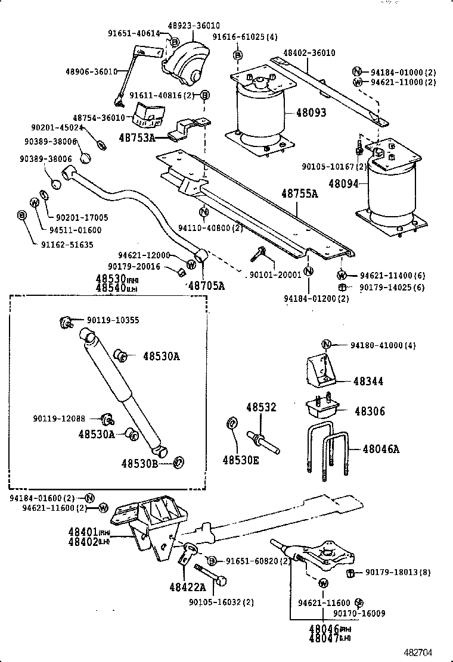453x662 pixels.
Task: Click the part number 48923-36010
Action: point(193,26)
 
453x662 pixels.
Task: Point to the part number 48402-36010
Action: point(309,53)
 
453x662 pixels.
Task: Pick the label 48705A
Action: point(207,286)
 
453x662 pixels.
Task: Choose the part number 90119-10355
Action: point(113,320)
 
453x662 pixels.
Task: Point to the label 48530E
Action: point(241,460)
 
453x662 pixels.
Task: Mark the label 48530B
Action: point(140,463)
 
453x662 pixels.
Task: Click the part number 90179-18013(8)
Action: point(399,572)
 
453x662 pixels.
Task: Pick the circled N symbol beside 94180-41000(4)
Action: point(326,344)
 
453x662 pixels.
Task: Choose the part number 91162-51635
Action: point(67,244)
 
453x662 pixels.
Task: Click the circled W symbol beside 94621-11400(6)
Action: point(342,275)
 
